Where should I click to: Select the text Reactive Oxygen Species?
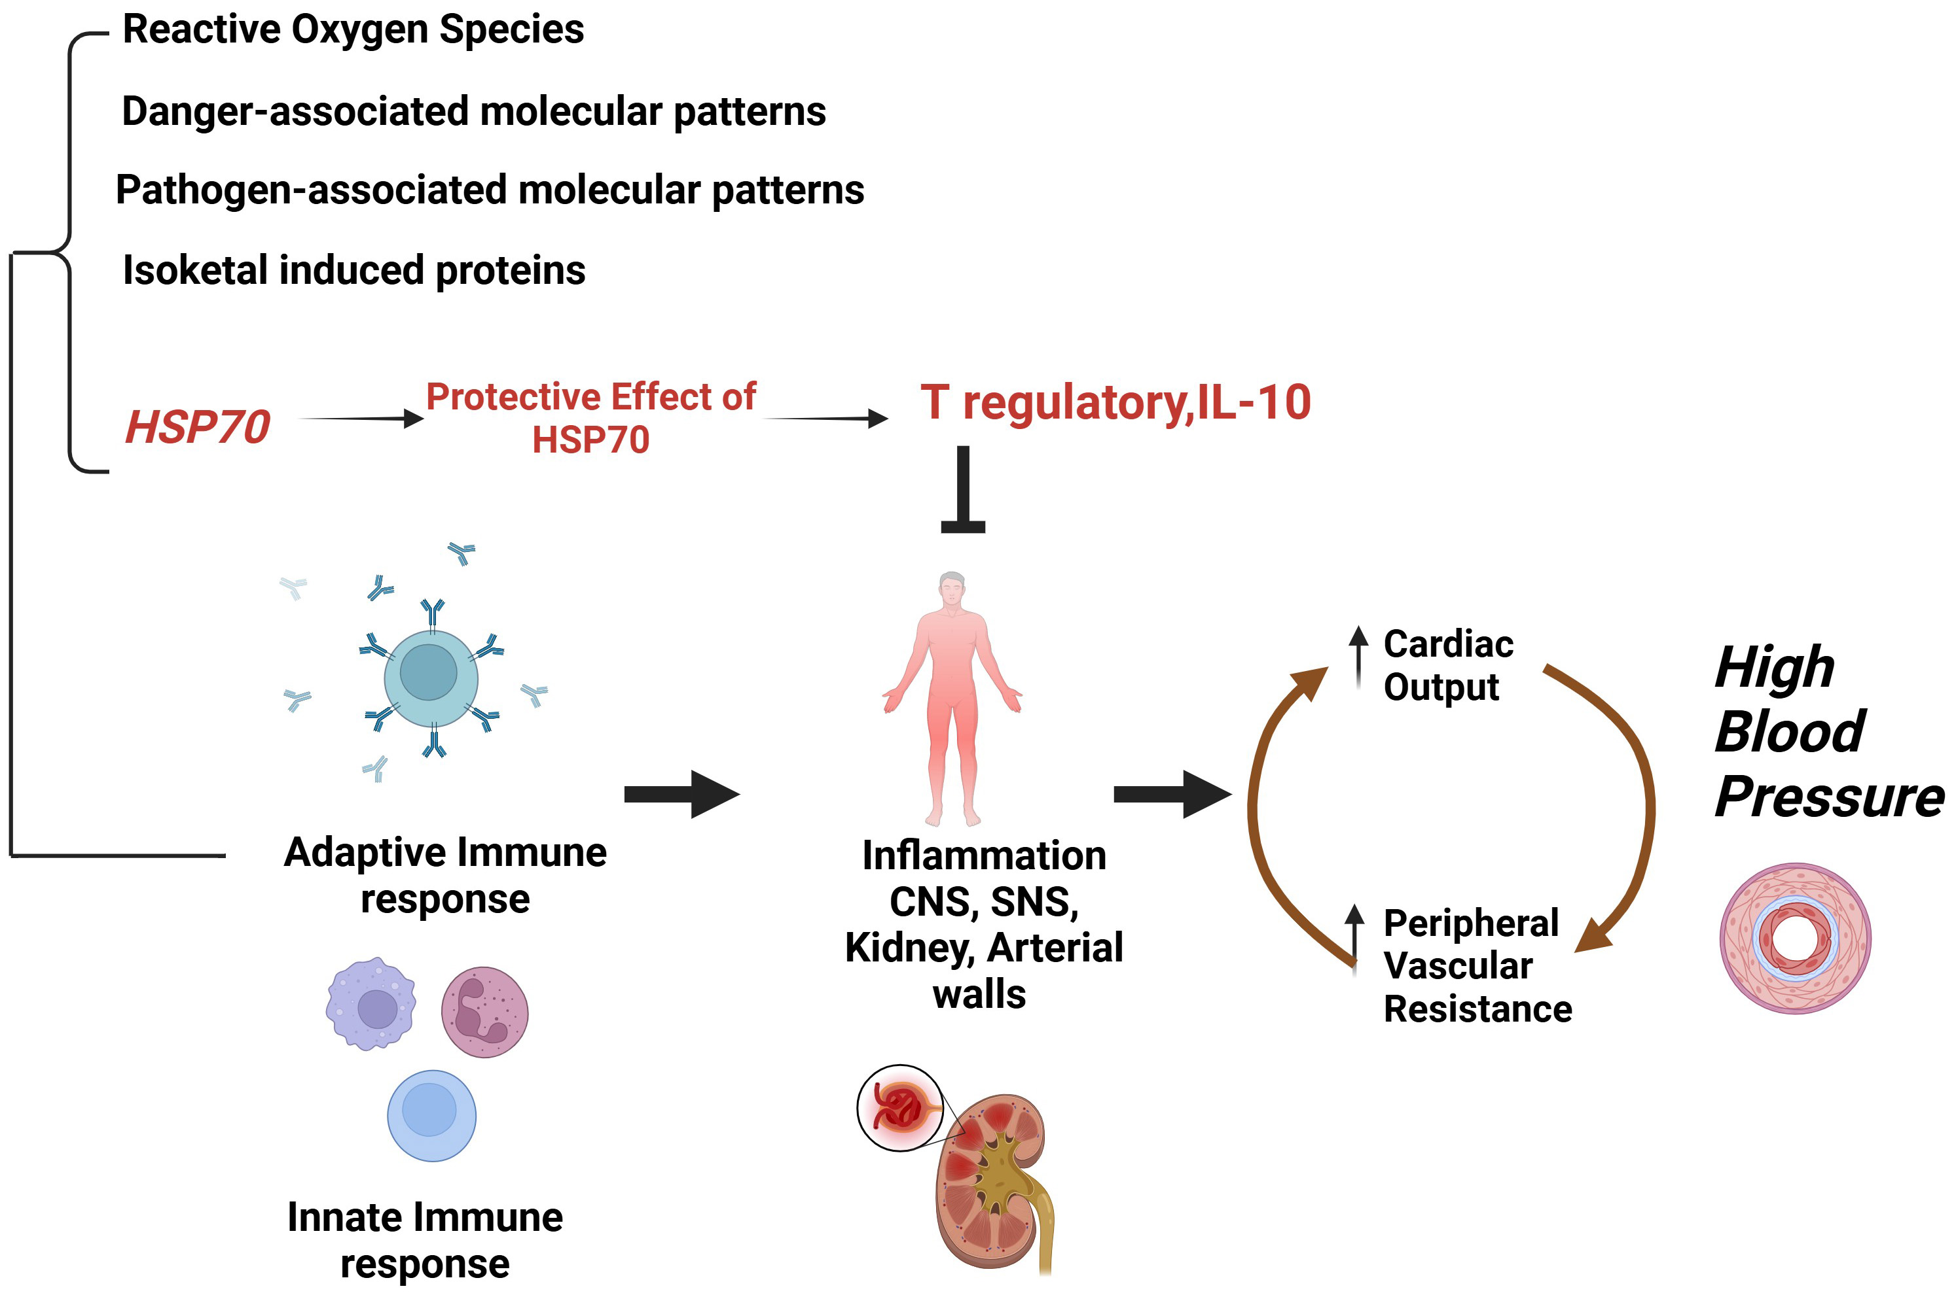coord(353,29)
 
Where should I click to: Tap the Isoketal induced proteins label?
coord(353,270)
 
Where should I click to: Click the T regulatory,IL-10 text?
coord(1115,402)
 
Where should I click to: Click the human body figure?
coord(952,698)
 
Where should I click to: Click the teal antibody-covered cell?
coord(431,677)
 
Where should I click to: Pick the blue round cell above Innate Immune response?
coord(431,1115)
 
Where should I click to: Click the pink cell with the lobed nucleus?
coord(484,1012)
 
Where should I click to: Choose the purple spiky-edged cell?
coord(371,1003)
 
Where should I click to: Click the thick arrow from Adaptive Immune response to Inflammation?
coord(681,794)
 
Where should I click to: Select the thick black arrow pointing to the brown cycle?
coord(1172,794)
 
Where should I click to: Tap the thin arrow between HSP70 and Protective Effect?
coord(361,419)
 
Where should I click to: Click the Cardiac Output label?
coord(1448,666)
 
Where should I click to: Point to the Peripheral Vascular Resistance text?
coord(1477,965)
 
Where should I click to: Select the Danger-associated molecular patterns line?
coord(473,111)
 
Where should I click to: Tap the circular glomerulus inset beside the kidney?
coord(900,1107)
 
